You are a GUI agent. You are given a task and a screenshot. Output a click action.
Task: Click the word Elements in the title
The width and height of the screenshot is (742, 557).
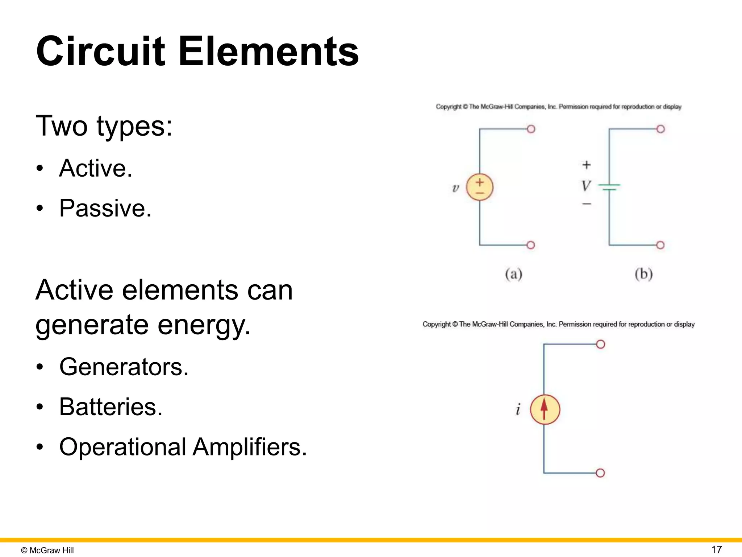pos(268,51)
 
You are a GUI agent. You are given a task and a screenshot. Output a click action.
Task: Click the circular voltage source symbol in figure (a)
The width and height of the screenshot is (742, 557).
pos(479,187)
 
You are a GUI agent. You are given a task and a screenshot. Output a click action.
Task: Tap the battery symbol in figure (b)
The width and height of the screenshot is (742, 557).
pos(609,187)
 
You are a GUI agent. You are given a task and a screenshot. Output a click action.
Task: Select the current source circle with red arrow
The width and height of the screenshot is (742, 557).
pos(545,409)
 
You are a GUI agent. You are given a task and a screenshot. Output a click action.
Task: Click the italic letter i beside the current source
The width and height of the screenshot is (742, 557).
pos(518,409)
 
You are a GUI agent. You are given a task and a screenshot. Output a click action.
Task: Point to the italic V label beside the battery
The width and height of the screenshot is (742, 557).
pos(585,186)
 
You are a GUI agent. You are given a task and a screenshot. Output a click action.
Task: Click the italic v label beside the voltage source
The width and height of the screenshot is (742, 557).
pos(455,188)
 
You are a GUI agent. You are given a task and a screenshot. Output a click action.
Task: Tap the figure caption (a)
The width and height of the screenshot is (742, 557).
pos(513,274)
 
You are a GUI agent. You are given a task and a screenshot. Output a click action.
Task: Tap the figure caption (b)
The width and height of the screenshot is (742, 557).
pos(643,274)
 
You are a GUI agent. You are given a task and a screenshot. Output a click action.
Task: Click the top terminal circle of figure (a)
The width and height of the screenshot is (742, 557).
pos(531,129)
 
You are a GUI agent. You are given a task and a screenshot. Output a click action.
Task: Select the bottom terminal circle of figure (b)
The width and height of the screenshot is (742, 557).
pos(660,245)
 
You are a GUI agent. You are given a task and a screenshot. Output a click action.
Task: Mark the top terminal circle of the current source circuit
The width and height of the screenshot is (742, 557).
pos(600,344)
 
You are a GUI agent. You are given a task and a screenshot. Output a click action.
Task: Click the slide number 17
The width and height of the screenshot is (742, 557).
pos(716,549)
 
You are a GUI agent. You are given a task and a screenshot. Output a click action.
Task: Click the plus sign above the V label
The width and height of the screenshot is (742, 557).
pos(586,165)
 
